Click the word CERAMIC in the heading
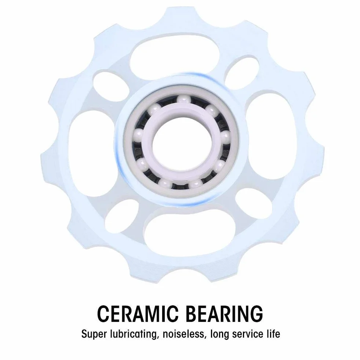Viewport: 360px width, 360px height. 138,314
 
